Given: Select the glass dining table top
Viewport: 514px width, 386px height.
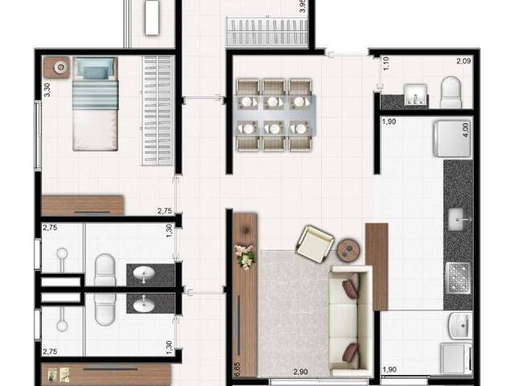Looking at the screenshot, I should point(275,114).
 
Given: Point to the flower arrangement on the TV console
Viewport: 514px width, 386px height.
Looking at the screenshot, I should point(243,256).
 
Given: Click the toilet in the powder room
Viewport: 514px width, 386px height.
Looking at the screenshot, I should point(451,92).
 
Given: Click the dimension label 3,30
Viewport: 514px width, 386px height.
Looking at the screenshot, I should point(47,89).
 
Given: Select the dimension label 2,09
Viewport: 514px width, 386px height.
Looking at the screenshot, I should point(463,60).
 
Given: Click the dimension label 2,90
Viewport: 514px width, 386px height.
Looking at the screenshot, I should point(300,372).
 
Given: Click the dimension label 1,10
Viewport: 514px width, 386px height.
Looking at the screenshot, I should point(385,63).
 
